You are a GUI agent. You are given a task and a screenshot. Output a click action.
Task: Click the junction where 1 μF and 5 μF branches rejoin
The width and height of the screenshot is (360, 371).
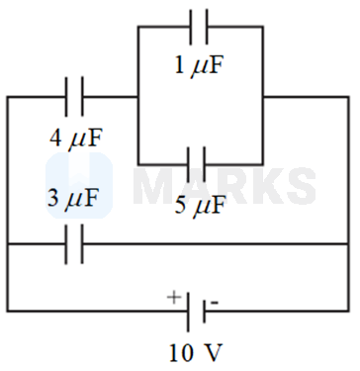(x=263, y=97)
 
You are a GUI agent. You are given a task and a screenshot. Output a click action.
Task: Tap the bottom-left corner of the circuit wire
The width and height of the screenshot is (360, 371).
(x=8, y=312)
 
